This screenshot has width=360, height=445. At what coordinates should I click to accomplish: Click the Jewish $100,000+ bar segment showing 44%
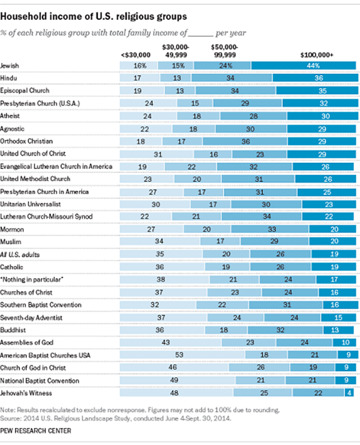click(304, 65)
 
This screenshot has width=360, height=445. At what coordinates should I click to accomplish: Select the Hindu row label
click(8, 78)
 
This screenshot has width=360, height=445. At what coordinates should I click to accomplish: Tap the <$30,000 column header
click(136, 55)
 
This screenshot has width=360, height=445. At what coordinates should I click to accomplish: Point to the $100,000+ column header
click(317, 55)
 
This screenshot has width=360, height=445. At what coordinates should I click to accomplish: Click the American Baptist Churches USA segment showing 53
click(182, 355)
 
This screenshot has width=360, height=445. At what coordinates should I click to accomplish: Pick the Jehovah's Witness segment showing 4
click(349, 393)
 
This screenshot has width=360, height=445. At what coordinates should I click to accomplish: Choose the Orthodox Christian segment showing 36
click(245, 141)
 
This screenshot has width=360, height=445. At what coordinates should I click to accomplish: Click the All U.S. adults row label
click(20, 255)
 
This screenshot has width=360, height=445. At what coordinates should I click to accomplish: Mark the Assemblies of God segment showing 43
click(170, 342)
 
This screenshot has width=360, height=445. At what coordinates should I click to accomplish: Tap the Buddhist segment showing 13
click(338, 330)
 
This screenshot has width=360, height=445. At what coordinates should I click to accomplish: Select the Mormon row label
click(12, 229)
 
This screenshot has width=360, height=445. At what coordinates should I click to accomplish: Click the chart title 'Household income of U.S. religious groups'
click(94, 16)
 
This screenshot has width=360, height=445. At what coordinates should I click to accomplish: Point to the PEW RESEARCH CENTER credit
click(35, 431)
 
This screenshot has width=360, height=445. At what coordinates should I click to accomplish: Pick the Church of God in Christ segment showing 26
click(259, 368)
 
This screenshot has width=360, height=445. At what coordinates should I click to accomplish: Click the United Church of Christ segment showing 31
click(157, 154)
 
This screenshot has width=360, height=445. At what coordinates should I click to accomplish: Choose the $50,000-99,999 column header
click(224, 51)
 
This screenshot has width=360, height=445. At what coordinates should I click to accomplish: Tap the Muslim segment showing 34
click(160, 241)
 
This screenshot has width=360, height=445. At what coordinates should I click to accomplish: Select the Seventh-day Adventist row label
click(31, 318)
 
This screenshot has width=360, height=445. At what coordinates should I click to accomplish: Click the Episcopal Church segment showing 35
click(317, 91)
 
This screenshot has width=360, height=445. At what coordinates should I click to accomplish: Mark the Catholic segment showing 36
click(162, 267)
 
